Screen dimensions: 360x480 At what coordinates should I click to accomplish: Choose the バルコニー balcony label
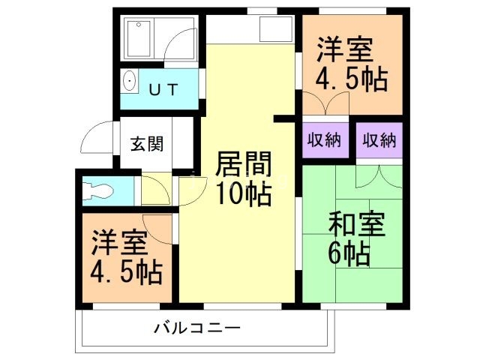(196, 328)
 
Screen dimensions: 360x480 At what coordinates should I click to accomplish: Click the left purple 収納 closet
(325, 140)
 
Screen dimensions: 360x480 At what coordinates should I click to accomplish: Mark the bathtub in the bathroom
(139, 37)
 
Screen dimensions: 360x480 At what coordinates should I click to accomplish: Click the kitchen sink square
(272, 29)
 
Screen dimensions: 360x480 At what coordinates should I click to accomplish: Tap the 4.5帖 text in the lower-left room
(126, 271)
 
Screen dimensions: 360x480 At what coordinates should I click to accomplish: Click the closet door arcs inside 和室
(379, 174)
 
